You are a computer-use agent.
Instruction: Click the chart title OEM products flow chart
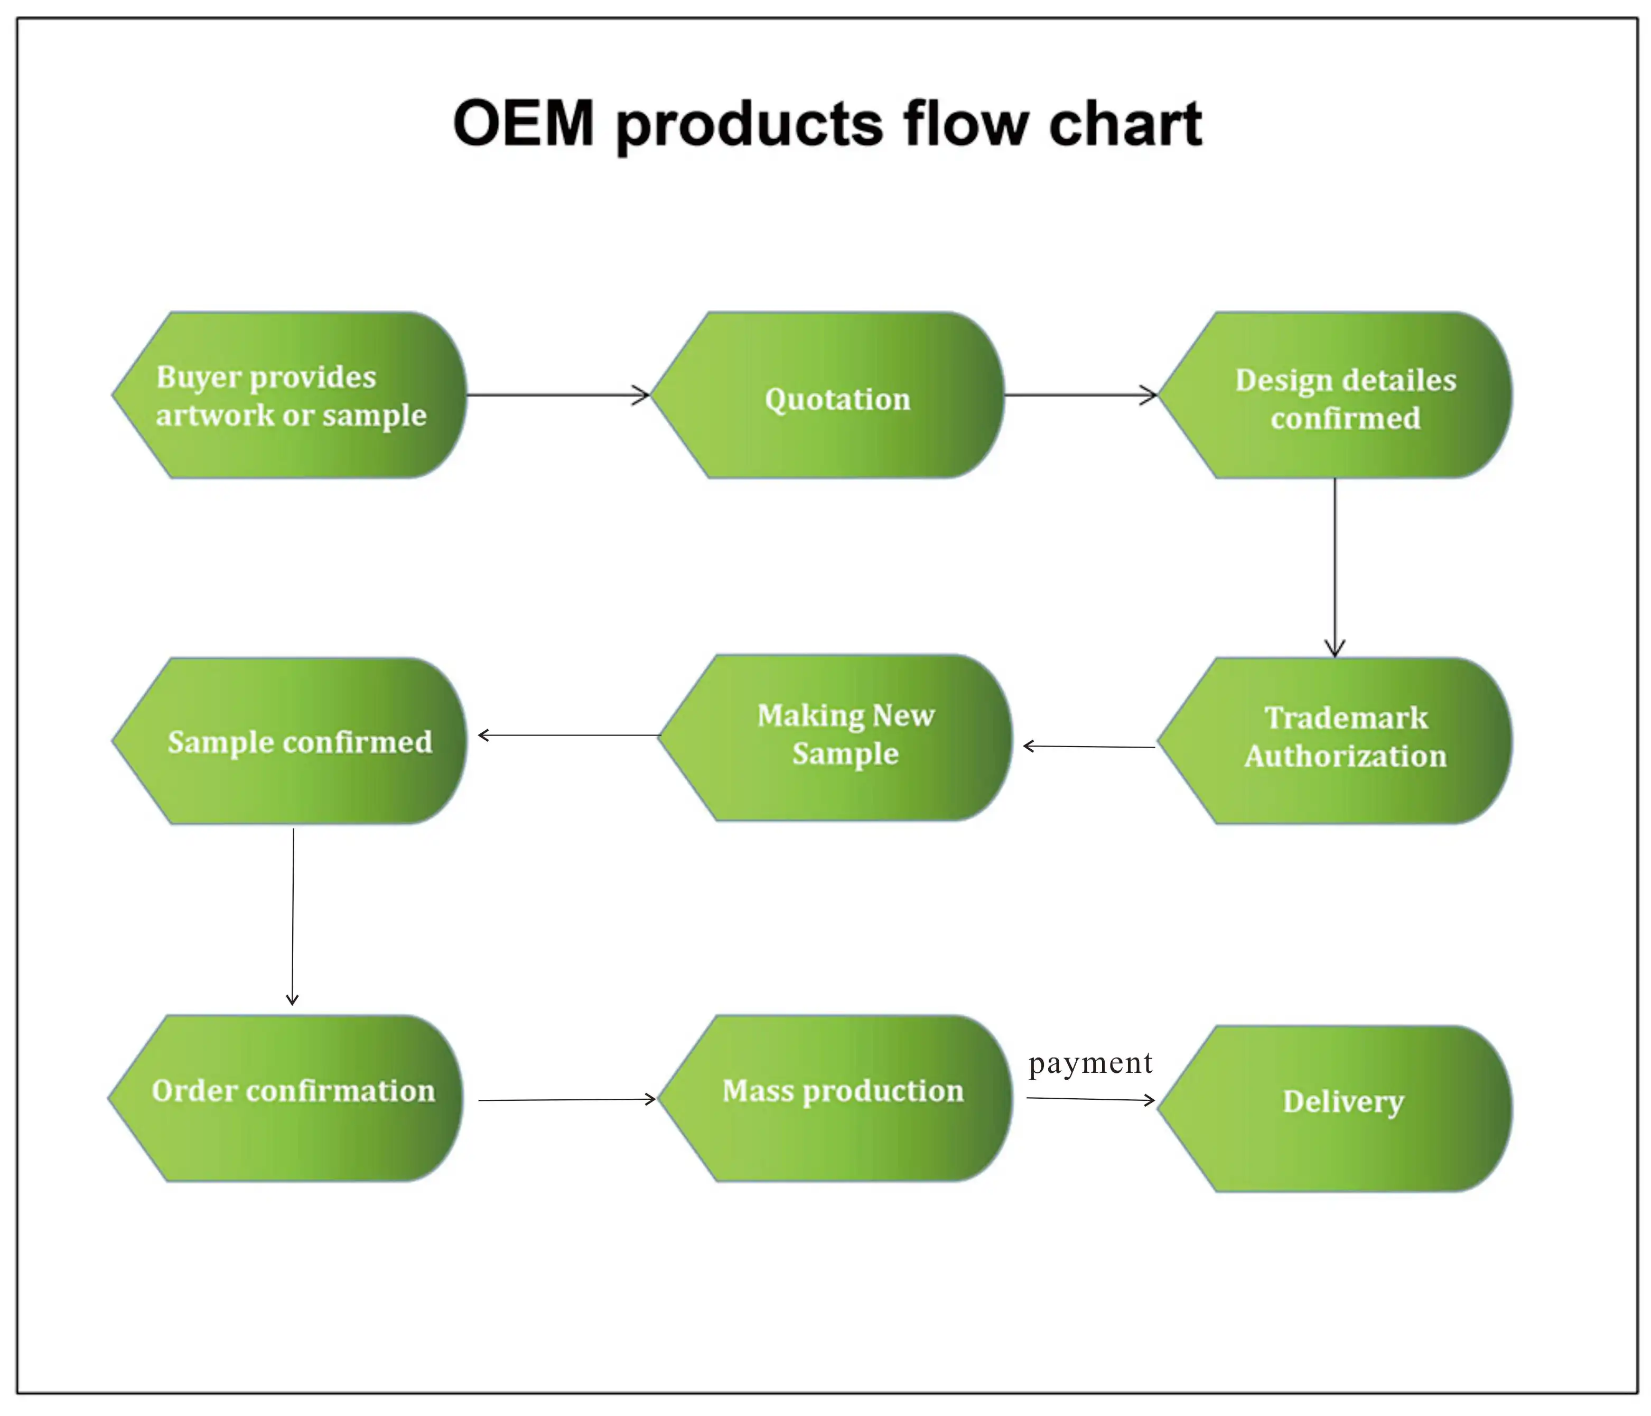coord(827,124)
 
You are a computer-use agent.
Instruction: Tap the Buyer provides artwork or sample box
coord(291,396)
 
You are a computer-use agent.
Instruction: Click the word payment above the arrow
coord(1090,1063)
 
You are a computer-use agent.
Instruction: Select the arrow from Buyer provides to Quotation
coord(558,394)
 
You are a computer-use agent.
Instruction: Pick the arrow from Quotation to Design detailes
coord(1080,394)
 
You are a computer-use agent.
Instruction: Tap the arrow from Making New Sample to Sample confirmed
coord(569,735)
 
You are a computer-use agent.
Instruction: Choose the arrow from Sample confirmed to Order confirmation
coord(293,917)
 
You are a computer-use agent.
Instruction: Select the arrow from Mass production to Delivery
coord(1090,1099)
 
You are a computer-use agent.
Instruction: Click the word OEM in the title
coord(524,124)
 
